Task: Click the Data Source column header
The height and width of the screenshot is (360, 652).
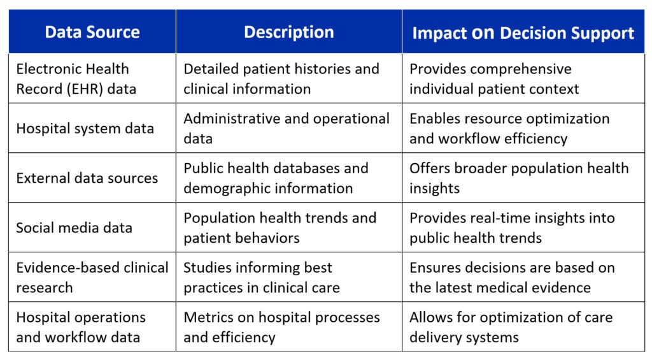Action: tap(92, 32)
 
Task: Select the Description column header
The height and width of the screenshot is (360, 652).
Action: tap(289, 32)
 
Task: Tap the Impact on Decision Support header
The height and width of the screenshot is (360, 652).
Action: tap(523, 33)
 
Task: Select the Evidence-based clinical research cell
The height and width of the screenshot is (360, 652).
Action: tap(92, 277)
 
